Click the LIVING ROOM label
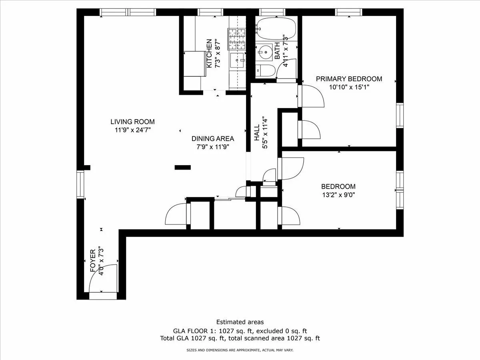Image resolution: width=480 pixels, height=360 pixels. click(x=132, y=122)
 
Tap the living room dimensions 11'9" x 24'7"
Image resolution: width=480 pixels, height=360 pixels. click(x=132, y=130)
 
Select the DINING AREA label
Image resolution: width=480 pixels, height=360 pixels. click(x=212, y=139)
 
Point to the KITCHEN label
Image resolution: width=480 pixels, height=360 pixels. click(x=209, y=53)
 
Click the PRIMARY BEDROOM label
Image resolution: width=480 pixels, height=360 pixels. click(x=349, y=79)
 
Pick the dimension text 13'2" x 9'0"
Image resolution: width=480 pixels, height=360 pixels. click(x=338, y=195)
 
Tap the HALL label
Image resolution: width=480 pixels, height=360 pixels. click(x=257, y=132)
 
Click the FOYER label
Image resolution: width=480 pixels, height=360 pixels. click(x=93, y=262)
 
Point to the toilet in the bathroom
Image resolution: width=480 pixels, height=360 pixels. click(x=266, y=71)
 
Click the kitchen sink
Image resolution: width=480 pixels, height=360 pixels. click(x=238, y=61)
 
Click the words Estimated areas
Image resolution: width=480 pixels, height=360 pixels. click(x=240, y=322)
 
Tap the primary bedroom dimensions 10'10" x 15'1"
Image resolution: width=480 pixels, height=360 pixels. click(x=349, y=87)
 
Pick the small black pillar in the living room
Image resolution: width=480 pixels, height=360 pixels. click(x=182, y=167)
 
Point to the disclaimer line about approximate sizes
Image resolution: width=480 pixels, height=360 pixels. click(x=240, y=350)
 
